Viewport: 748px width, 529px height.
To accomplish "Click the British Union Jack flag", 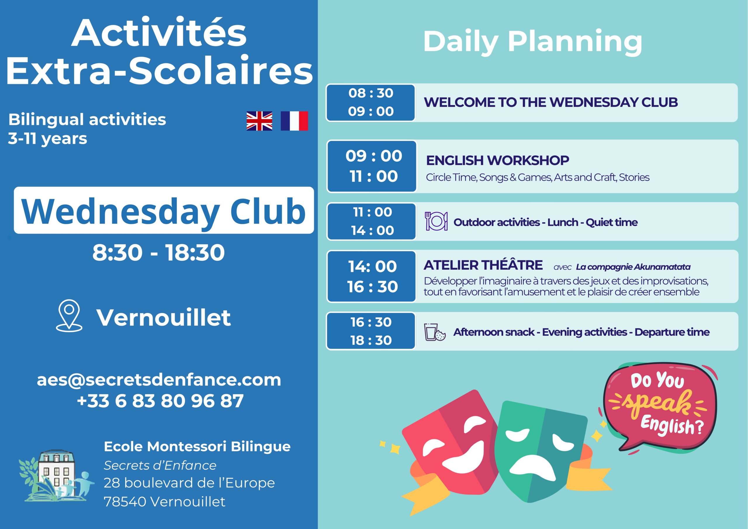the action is click(259, 121).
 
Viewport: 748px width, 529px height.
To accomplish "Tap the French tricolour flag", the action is click(294, 121).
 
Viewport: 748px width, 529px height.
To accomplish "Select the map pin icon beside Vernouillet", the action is click(69, 316).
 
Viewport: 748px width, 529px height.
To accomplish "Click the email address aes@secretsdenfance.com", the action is click(159, 380).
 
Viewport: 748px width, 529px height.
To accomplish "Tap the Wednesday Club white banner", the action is click(164, 210).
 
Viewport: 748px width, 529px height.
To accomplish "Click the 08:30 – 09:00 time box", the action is click(371, 103).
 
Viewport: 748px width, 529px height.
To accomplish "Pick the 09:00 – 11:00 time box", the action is click(372, 166).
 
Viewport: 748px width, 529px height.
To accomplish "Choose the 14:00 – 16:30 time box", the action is click(372, 276).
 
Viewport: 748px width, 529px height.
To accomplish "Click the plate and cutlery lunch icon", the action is click(436, 221).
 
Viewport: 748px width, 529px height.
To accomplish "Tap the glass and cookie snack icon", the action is click(434, 332).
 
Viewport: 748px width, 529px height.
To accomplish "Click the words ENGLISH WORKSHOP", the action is click(498, 160).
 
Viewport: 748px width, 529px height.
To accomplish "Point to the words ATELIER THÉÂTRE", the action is click(483, 265).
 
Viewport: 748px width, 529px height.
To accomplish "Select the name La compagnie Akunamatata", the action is click(633, 267).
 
